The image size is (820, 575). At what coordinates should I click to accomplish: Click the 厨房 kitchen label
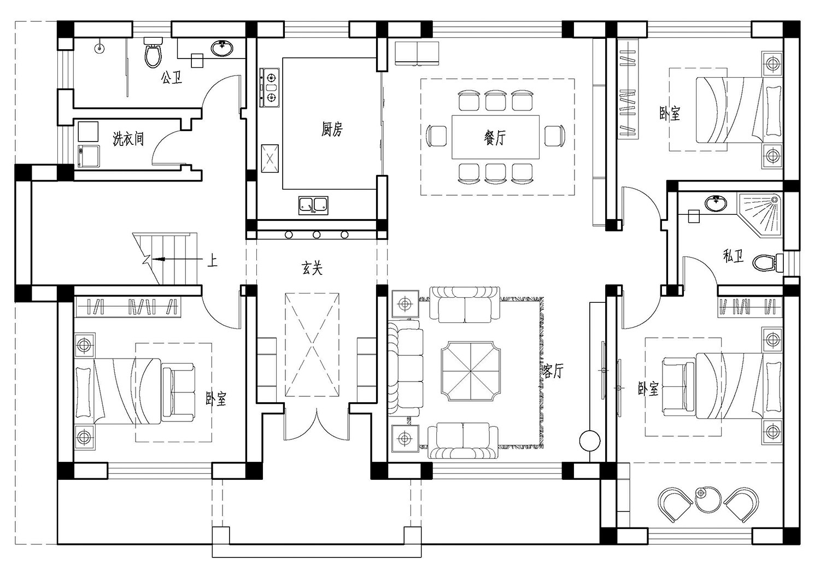tap(332, 130)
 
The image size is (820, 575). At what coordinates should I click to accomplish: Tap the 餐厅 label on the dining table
tap(495, 138)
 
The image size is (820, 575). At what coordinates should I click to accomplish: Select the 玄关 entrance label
tap(312, 268)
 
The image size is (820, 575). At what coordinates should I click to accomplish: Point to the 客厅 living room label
tap(552, 371)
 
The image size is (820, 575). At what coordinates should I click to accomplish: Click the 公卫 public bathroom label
tap(171, 77)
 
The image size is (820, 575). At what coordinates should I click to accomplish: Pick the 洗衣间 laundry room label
tap(128, 139)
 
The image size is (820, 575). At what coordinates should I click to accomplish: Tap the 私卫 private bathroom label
tap(733, 256)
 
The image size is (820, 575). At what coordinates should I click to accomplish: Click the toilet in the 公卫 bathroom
tap(153, 52)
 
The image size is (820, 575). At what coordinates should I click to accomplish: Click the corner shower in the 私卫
tap(762, 213)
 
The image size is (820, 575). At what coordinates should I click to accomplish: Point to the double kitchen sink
tap(313, 206)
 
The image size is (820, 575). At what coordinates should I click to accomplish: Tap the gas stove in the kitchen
tap(269, 88)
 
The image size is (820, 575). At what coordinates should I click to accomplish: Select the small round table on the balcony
tap(707, 500)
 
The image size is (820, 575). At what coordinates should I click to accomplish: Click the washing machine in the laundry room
tap(88, 156)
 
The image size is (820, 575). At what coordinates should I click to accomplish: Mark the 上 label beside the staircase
tap(212, 261)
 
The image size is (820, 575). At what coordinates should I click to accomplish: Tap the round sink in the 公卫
tap(222, 48)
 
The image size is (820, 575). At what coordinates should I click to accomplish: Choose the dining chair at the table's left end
tap(437, 136)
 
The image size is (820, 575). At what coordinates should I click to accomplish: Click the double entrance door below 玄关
tap(317, 425)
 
